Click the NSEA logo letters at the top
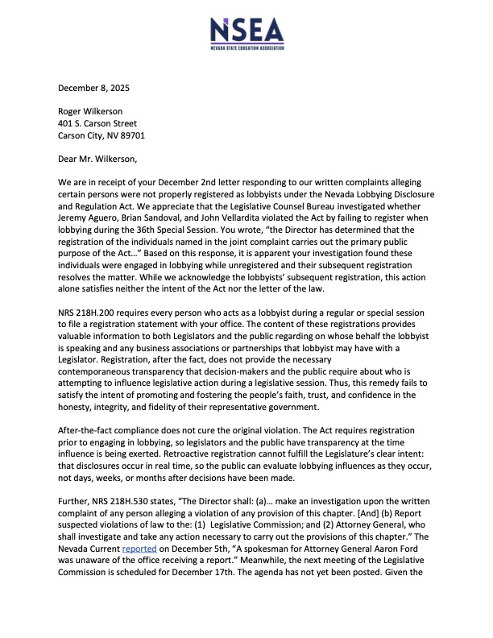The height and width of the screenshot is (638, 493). point(246,31)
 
